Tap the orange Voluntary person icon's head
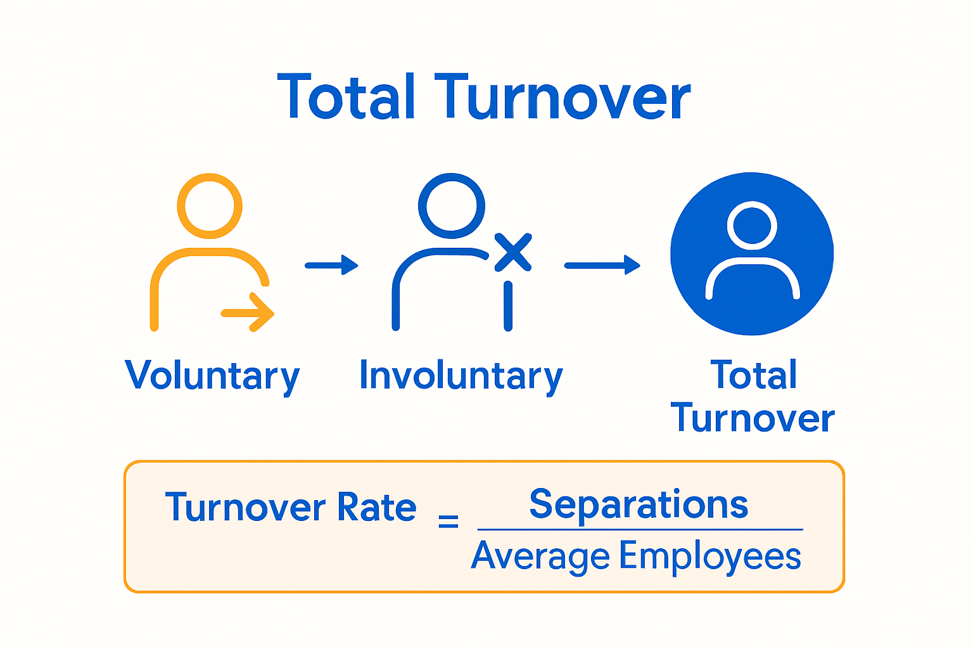click(210, 206)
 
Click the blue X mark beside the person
click(512, 252)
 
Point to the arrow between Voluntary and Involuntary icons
click(331, 265)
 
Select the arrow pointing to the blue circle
click(602, 265)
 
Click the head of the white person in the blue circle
click(752, 225)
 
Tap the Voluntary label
click(212, 375)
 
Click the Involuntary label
click(461, 375)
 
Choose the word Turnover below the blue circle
click(753, 418)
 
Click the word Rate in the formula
click(376, 507)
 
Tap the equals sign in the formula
click(448, 521)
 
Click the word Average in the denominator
click(540, 556)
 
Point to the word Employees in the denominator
click(710, 556)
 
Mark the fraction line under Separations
click(640, 529)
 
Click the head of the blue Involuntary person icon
click(451, 206)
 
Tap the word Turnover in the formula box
click(246, 507)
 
